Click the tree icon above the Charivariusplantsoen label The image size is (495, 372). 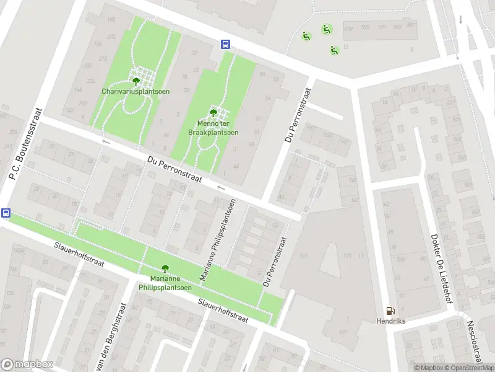tap(136, 80)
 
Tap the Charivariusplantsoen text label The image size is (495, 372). tap(136, 91)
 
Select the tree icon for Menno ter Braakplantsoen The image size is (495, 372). tap(213, 113)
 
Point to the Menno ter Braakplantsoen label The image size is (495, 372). tap(213, 128)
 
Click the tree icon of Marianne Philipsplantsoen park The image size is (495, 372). tap(165, 268)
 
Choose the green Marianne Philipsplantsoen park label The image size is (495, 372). tap(165, 283)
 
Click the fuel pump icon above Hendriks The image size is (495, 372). tap(389, 311)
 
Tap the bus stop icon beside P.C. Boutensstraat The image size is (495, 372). tap(6, 213)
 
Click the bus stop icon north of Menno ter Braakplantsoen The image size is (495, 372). tap(226, 44)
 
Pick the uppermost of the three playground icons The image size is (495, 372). tap(326, 29)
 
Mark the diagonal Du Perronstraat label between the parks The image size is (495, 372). tap(175, 169)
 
